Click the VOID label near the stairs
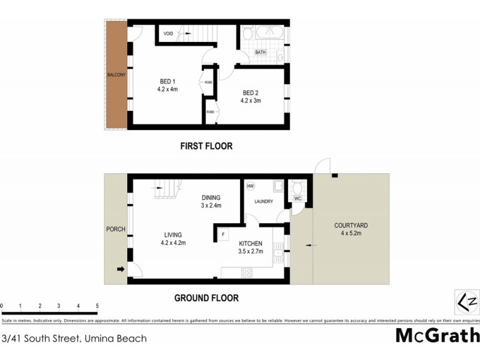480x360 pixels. (169, 34)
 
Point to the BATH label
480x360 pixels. (260, 52)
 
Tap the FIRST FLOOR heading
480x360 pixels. (206, 146)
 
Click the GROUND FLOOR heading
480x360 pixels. (206, 298)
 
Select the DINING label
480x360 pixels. (211, 197)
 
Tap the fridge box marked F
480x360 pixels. (223, 234)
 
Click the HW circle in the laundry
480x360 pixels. (250, 186)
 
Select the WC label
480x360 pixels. (297, 198)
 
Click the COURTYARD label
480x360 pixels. (351, 226)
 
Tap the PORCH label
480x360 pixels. (115, 229)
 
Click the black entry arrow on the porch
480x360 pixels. (121, 270)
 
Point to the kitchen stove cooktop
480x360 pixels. (247, 272)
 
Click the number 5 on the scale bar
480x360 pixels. (97, 306)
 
